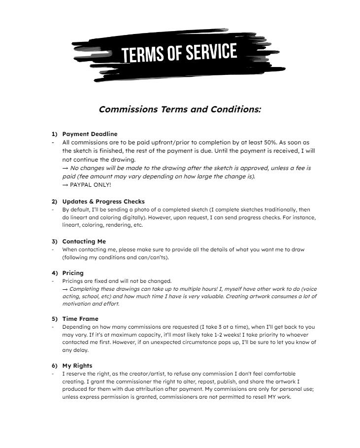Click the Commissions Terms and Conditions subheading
(x=180, y=109)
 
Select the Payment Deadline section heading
(x=90, y=134)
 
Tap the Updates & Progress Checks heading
(x=103, y=202)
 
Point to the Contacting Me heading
(x=84, y=241)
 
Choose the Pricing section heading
(x=73, y=273)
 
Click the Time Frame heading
(x=80, y=319)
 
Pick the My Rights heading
(x=77, y=366)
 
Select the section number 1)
(x=55, y=134)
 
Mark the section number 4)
(x=55, y=273)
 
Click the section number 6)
(x=55, y=366)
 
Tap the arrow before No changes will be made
(x=65, y=168)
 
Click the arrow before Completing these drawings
(x=65, y=289)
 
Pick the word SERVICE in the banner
(x=210, y=51)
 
